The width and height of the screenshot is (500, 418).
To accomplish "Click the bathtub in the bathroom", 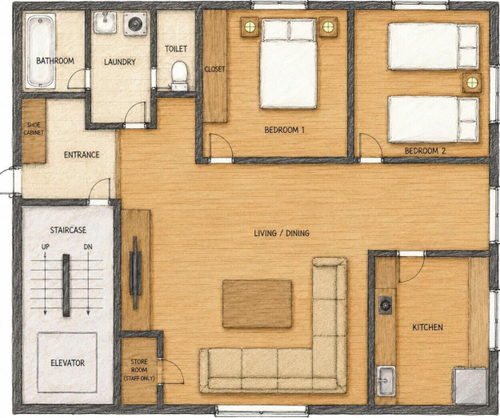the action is coord(40,51).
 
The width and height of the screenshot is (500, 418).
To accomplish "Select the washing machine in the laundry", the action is coord(136,24).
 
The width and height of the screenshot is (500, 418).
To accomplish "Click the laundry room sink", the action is coord(105,22).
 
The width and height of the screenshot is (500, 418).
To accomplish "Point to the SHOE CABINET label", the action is coord(33,128).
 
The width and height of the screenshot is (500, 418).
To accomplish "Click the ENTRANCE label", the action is coord(82,155).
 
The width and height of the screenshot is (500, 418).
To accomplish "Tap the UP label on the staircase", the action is coord(45,247).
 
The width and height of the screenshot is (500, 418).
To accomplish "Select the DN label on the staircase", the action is coord(88,247).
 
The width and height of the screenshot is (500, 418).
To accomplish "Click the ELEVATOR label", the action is coord(68,362).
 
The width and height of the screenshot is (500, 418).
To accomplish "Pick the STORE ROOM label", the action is coord(140,366).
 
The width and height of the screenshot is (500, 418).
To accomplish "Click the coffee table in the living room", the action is coord(257,304).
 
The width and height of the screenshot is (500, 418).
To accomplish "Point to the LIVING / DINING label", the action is coord(282,233).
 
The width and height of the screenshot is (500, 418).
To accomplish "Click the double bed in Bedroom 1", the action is coord(288,64).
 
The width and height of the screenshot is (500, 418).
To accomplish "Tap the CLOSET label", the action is coord(215,69).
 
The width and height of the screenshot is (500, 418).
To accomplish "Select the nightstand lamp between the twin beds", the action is coord(472,82).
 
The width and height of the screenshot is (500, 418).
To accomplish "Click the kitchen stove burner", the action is coord(385,305).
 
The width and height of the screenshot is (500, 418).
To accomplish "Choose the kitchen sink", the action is coord(386,381).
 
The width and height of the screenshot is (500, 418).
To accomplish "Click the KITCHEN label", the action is coord(427,327).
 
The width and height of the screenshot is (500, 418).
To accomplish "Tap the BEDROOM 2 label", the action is coord(425,151).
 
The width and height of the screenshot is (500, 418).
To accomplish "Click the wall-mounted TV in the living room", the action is coord(135,273).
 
